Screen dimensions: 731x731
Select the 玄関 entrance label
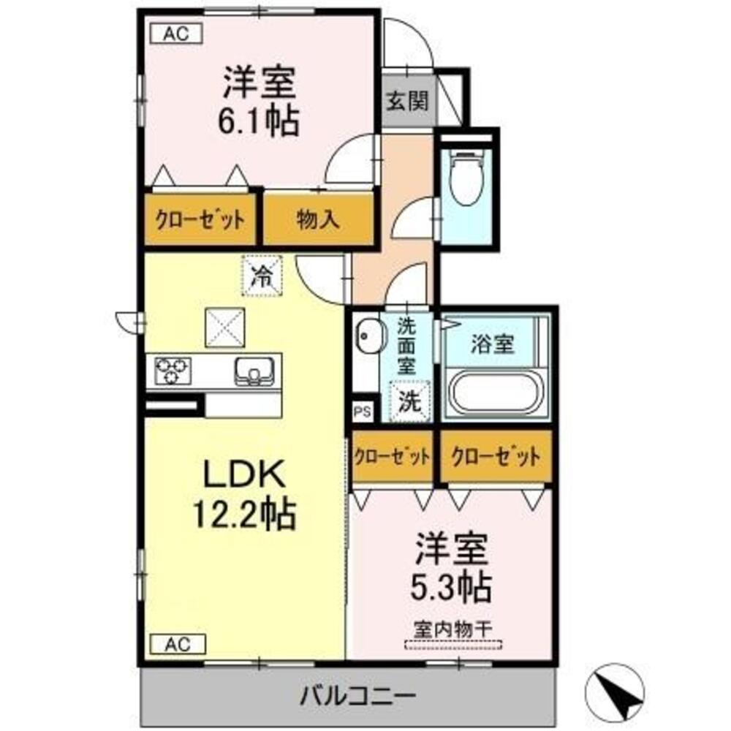point(407,101)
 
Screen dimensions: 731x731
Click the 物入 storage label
point(318,219)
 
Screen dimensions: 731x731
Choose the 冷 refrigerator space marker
point(261,276)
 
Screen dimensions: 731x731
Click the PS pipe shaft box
point(363,412)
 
